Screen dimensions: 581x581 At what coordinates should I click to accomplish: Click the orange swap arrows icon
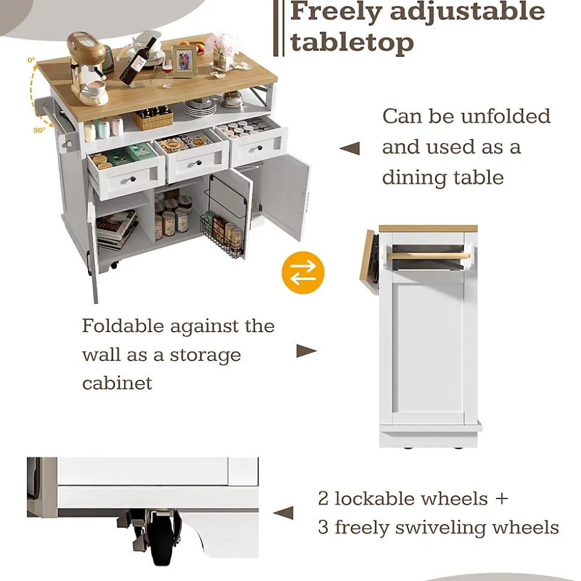pyautogui.click(x=302, y=273)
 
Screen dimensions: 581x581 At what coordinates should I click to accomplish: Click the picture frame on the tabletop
pyautogui.click(x=184, y=61)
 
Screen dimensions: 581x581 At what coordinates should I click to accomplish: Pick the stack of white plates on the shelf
pyautogui.click(x=199, y=107)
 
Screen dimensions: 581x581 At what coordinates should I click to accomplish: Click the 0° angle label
pyautogui.click(x=31, y=60)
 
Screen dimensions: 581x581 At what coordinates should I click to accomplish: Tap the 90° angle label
pyautogui.click(x=39, y=130)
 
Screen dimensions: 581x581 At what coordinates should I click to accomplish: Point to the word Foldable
pyautogui.click(x=123, y=326)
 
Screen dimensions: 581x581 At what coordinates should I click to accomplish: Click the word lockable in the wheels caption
pyautogui.click(x=411, y=498)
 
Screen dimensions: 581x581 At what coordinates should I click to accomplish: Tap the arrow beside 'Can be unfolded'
pyautogui.click(x=350, y=148)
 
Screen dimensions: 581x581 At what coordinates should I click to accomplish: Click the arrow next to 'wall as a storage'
pyautogui.click(x=306, y=351)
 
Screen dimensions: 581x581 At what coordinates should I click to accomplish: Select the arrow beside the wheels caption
pyautogui.click(x=283, y=513)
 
